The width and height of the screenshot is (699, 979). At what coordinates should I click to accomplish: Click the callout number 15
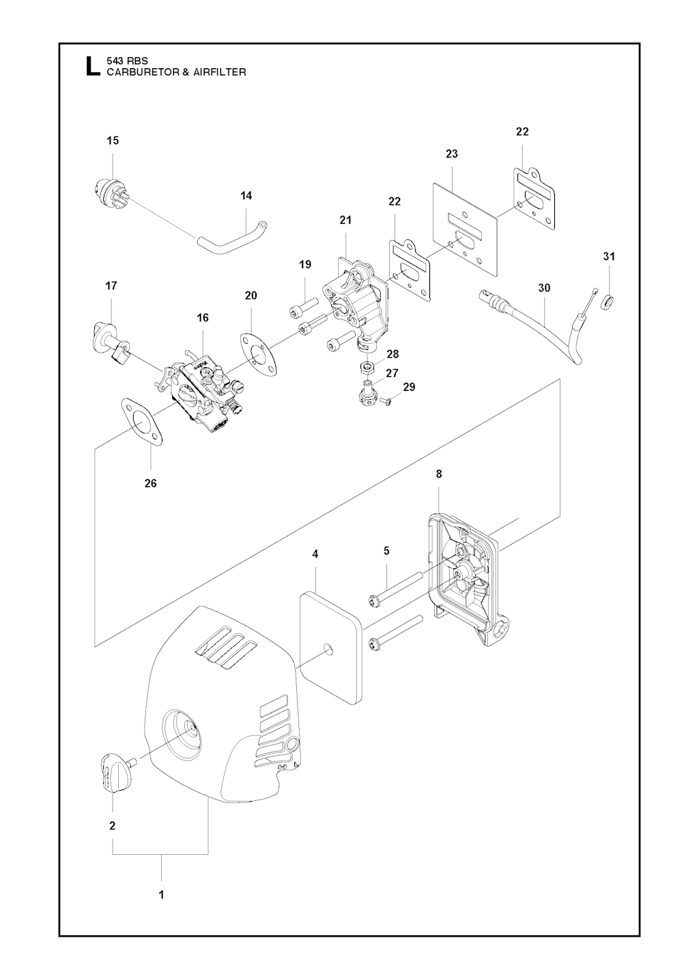113,141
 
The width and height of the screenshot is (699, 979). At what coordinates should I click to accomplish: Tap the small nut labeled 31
605,300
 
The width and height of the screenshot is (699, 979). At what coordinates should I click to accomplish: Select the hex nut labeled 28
368,369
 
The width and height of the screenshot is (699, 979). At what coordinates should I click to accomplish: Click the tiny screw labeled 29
386,402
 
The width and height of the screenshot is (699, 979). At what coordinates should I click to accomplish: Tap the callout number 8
438,473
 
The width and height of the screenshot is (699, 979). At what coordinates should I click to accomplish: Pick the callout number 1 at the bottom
162,894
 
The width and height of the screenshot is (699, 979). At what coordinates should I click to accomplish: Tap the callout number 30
544,288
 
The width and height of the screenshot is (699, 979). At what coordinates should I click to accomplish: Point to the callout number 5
386,551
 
